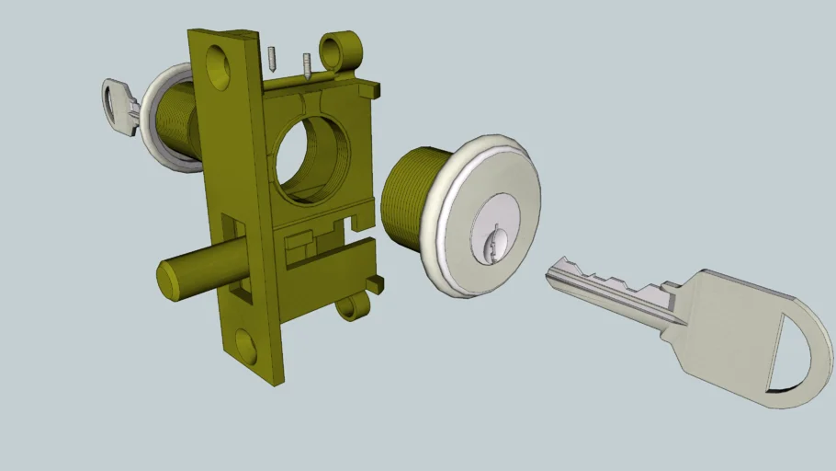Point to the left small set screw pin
273,58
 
